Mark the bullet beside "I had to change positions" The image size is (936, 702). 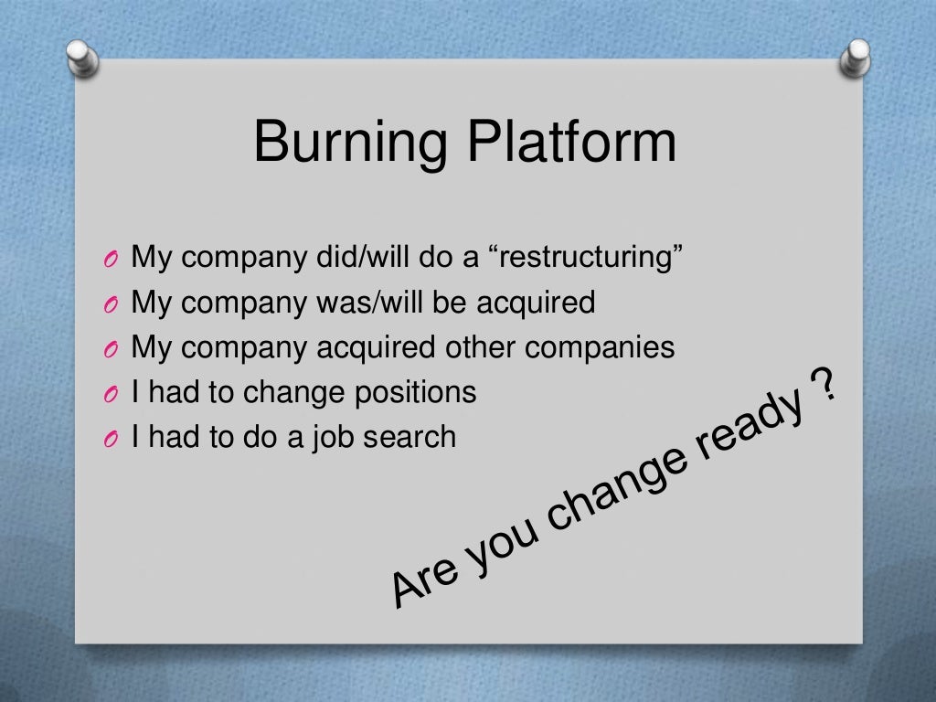pyautogui.click(x=111, y=395)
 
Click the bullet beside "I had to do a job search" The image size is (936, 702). pyautogui.click(x=111, y=440)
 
